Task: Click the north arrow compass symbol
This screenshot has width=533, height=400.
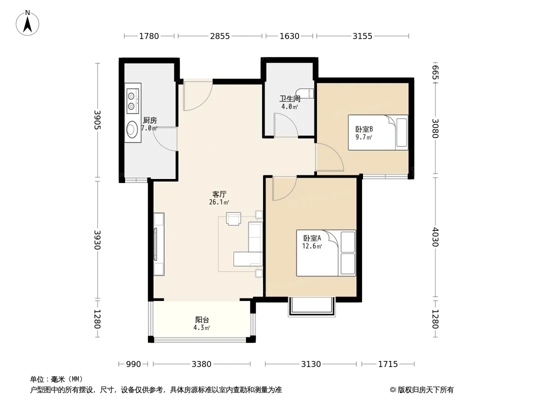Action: coord(27,23)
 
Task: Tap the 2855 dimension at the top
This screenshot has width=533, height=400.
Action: coord(220,36)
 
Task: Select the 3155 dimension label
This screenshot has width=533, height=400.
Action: coord(362,36)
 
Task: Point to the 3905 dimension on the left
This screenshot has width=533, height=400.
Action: coord(97,119)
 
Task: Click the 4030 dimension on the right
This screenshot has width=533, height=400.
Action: coord(435,237)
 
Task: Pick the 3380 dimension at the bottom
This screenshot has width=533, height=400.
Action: coord(201,364)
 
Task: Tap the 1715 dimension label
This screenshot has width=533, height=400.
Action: coord(388,364)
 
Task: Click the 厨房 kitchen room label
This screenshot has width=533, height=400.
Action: coord(149,120)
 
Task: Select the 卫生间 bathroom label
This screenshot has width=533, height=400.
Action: coord(289,99)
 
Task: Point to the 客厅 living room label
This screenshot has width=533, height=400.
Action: coord(219,194)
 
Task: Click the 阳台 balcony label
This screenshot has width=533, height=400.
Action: coord(202,320)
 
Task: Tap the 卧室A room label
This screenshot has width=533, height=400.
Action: coord(312,238)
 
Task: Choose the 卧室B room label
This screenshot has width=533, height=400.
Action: coord(364,129)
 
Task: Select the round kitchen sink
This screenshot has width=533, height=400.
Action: coord(132,129)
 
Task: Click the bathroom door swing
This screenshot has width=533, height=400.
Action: coord(286,125)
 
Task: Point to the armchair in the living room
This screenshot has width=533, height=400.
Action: coord(233,219)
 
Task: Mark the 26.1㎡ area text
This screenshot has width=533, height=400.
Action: coord(219,202)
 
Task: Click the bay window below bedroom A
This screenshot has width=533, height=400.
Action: coord(311,307)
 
